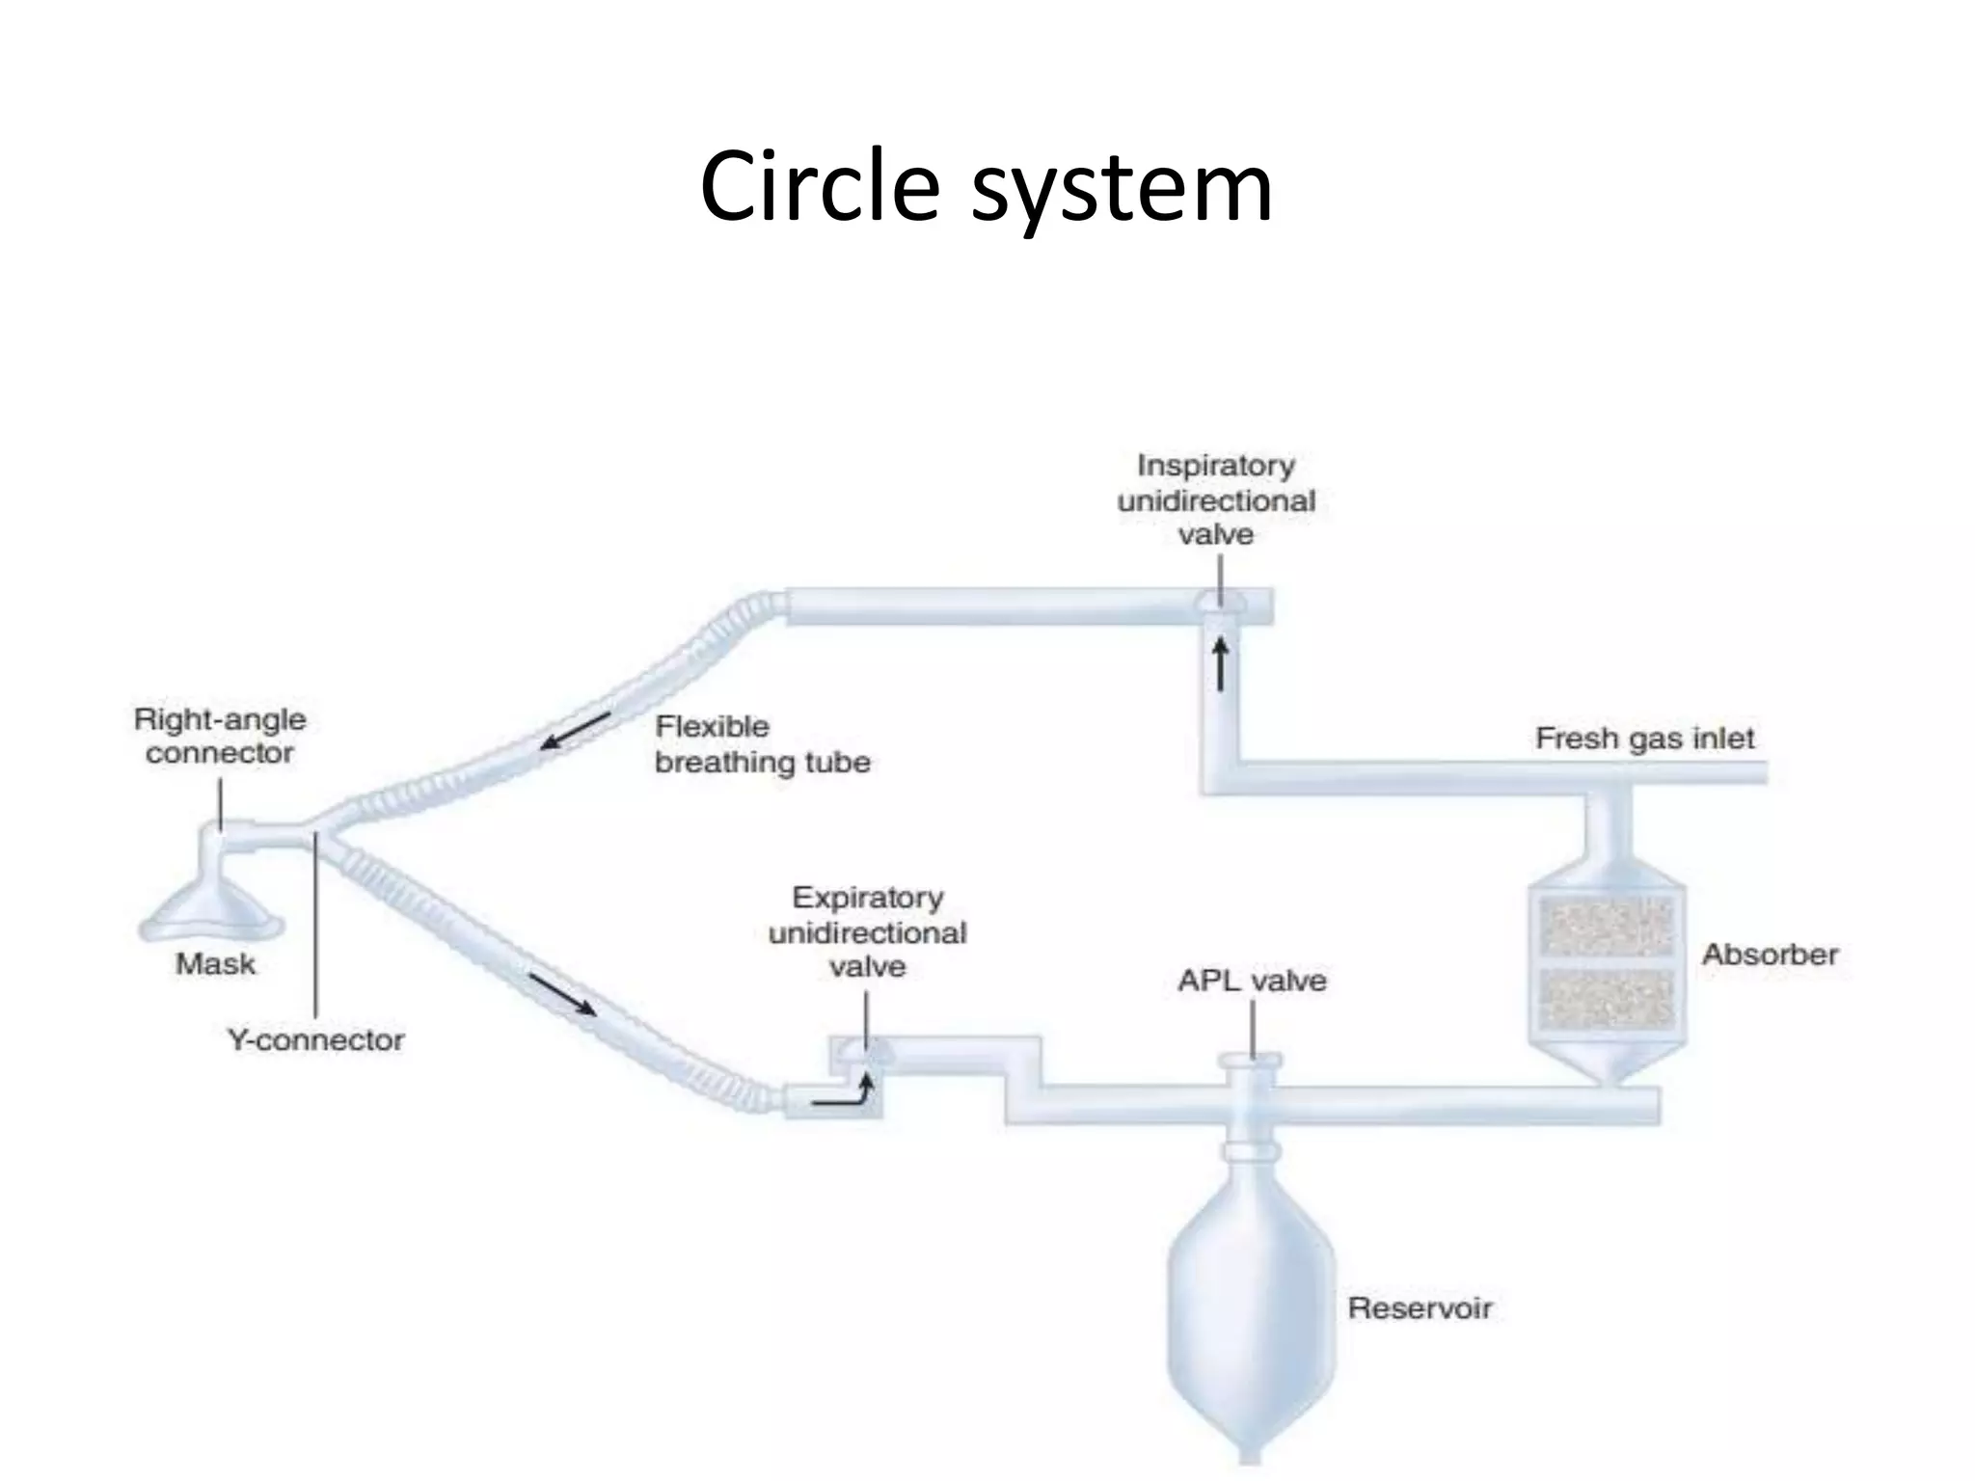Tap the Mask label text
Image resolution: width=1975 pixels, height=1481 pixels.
click(x=215, y=963)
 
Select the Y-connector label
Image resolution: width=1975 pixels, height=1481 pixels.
click(x=315, y=1039)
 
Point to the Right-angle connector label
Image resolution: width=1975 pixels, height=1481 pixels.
click(x=220, y=736)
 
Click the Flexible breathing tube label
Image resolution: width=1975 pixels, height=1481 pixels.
click(x=762, y=743)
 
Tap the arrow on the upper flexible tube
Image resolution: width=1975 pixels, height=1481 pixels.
click(x=576, y=731)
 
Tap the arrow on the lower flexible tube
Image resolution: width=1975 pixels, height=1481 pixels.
click(x=562, y=994)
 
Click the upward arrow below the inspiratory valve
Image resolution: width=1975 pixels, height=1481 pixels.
click(x=1220, y=665)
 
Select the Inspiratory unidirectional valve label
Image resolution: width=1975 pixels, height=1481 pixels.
click(x=1215, y=499)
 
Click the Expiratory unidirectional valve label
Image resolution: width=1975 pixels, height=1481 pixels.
click(x=867, y=931)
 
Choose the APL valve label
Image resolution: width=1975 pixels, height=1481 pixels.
click(x=1252, y=981)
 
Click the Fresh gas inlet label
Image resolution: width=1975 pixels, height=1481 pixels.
click(x=1644, y=739)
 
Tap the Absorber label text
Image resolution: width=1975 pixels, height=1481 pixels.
click(x=1770, y=955)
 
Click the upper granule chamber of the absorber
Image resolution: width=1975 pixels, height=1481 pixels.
click(x=1607, y=926)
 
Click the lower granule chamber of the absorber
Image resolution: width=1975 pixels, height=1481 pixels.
click(x=1607, y=999)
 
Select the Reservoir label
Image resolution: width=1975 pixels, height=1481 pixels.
click(x=1420, y=1308)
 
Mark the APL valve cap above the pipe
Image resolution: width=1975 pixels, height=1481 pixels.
click(x=1251, y=1062)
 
